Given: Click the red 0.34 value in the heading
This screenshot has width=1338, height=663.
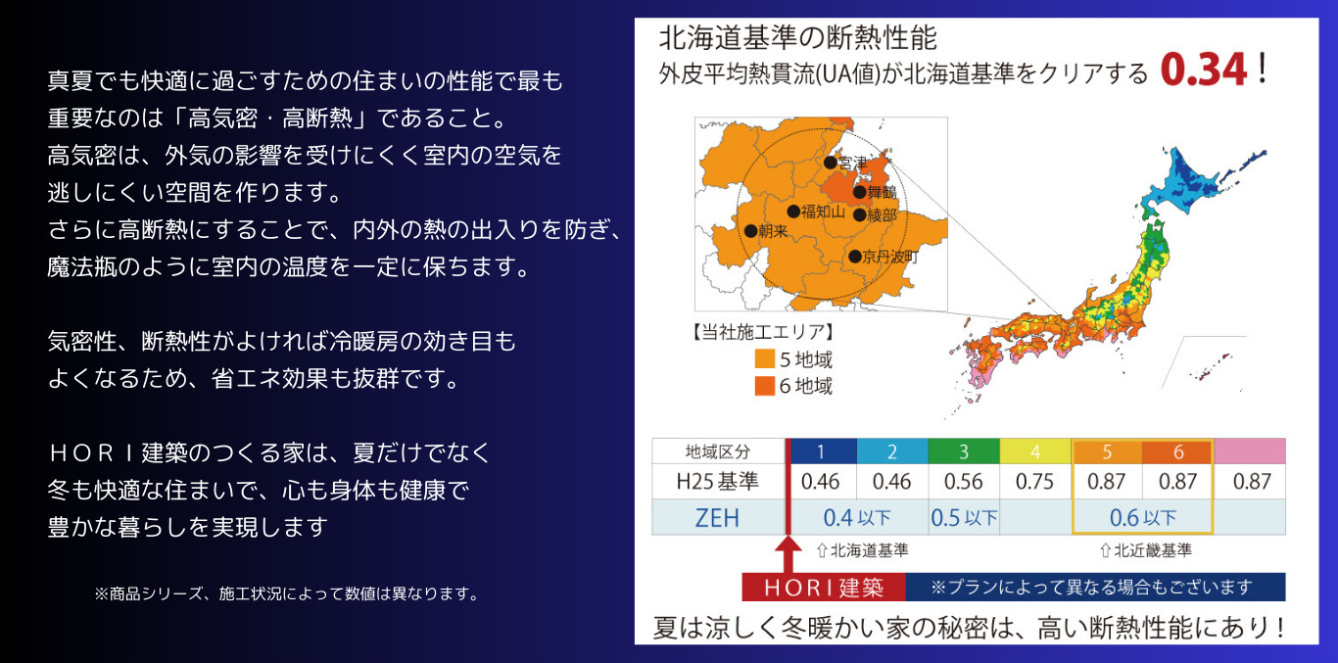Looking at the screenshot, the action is point(1204,70).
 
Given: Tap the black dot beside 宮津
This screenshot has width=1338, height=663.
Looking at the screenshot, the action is point(831,163).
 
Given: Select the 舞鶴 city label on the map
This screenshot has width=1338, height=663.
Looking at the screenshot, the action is point(883,192).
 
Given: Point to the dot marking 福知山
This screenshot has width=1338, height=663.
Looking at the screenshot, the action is point(793,212).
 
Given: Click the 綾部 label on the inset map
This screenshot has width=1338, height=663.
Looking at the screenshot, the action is point(883,215).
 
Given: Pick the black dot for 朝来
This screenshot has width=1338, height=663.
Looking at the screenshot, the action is point(751,231).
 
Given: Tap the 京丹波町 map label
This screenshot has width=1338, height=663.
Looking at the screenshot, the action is point(890,257).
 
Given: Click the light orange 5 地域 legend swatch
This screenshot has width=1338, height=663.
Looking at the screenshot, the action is point(765,359).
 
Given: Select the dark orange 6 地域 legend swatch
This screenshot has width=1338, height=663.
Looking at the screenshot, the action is point(765,386).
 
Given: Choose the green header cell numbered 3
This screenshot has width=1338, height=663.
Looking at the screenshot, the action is point(964,450).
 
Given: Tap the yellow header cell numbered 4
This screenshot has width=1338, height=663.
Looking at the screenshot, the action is point(1035,450).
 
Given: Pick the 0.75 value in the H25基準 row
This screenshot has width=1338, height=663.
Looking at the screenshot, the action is point(1035,482).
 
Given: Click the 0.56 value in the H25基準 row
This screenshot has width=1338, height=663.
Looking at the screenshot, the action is point(964,482).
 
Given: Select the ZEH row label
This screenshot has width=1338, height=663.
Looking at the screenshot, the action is point(717,518).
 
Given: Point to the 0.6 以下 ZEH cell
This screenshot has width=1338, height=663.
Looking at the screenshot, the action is point(1143,517).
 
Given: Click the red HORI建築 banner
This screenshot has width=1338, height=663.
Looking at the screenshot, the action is point(824,588).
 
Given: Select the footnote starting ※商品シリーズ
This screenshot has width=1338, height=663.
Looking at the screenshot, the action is point(287,593).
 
